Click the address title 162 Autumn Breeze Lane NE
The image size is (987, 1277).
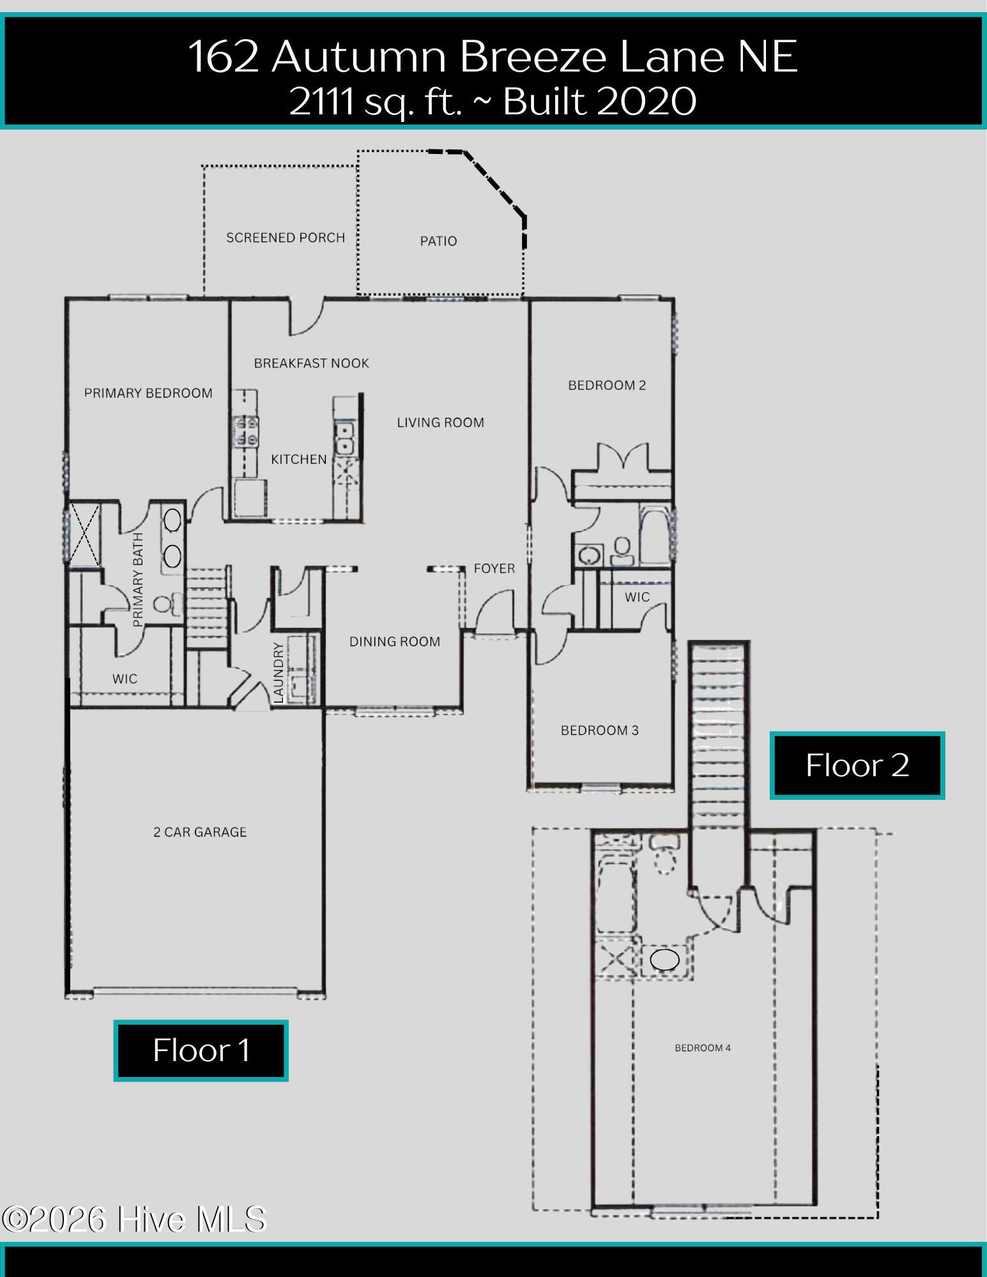pos(493,56)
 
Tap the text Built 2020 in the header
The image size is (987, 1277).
pos(600,102)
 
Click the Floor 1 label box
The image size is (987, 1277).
pos(201,1050)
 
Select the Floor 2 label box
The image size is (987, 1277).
pos(857,765)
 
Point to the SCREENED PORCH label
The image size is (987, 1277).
pos(286,238)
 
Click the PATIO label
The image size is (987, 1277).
pos(438,241)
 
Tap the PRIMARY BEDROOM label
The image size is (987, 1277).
pos(148,393)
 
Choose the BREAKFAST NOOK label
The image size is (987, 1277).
pos(312,363)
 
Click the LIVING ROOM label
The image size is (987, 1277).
pos(441,422)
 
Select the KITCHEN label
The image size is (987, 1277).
pos(299,459)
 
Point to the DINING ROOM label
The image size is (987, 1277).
pos(395,641)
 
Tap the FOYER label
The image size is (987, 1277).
pos(494,568)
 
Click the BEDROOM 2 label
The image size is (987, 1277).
pos(607,385)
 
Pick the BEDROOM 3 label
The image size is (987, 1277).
pos(600,730)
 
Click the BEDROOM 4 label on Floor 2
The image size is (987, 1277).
pos(703,1048)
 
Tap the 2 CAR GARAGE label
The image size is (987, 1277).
pos(200,832)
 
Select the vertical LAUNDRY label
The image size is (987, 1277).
pos(279,673)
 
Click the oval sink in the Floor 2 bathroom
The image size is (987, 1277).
pos(664,960)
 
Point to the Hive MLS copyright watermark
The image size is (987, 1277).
pos(134,1219)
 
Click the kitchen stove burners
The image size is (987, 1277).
pos(246,431)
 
